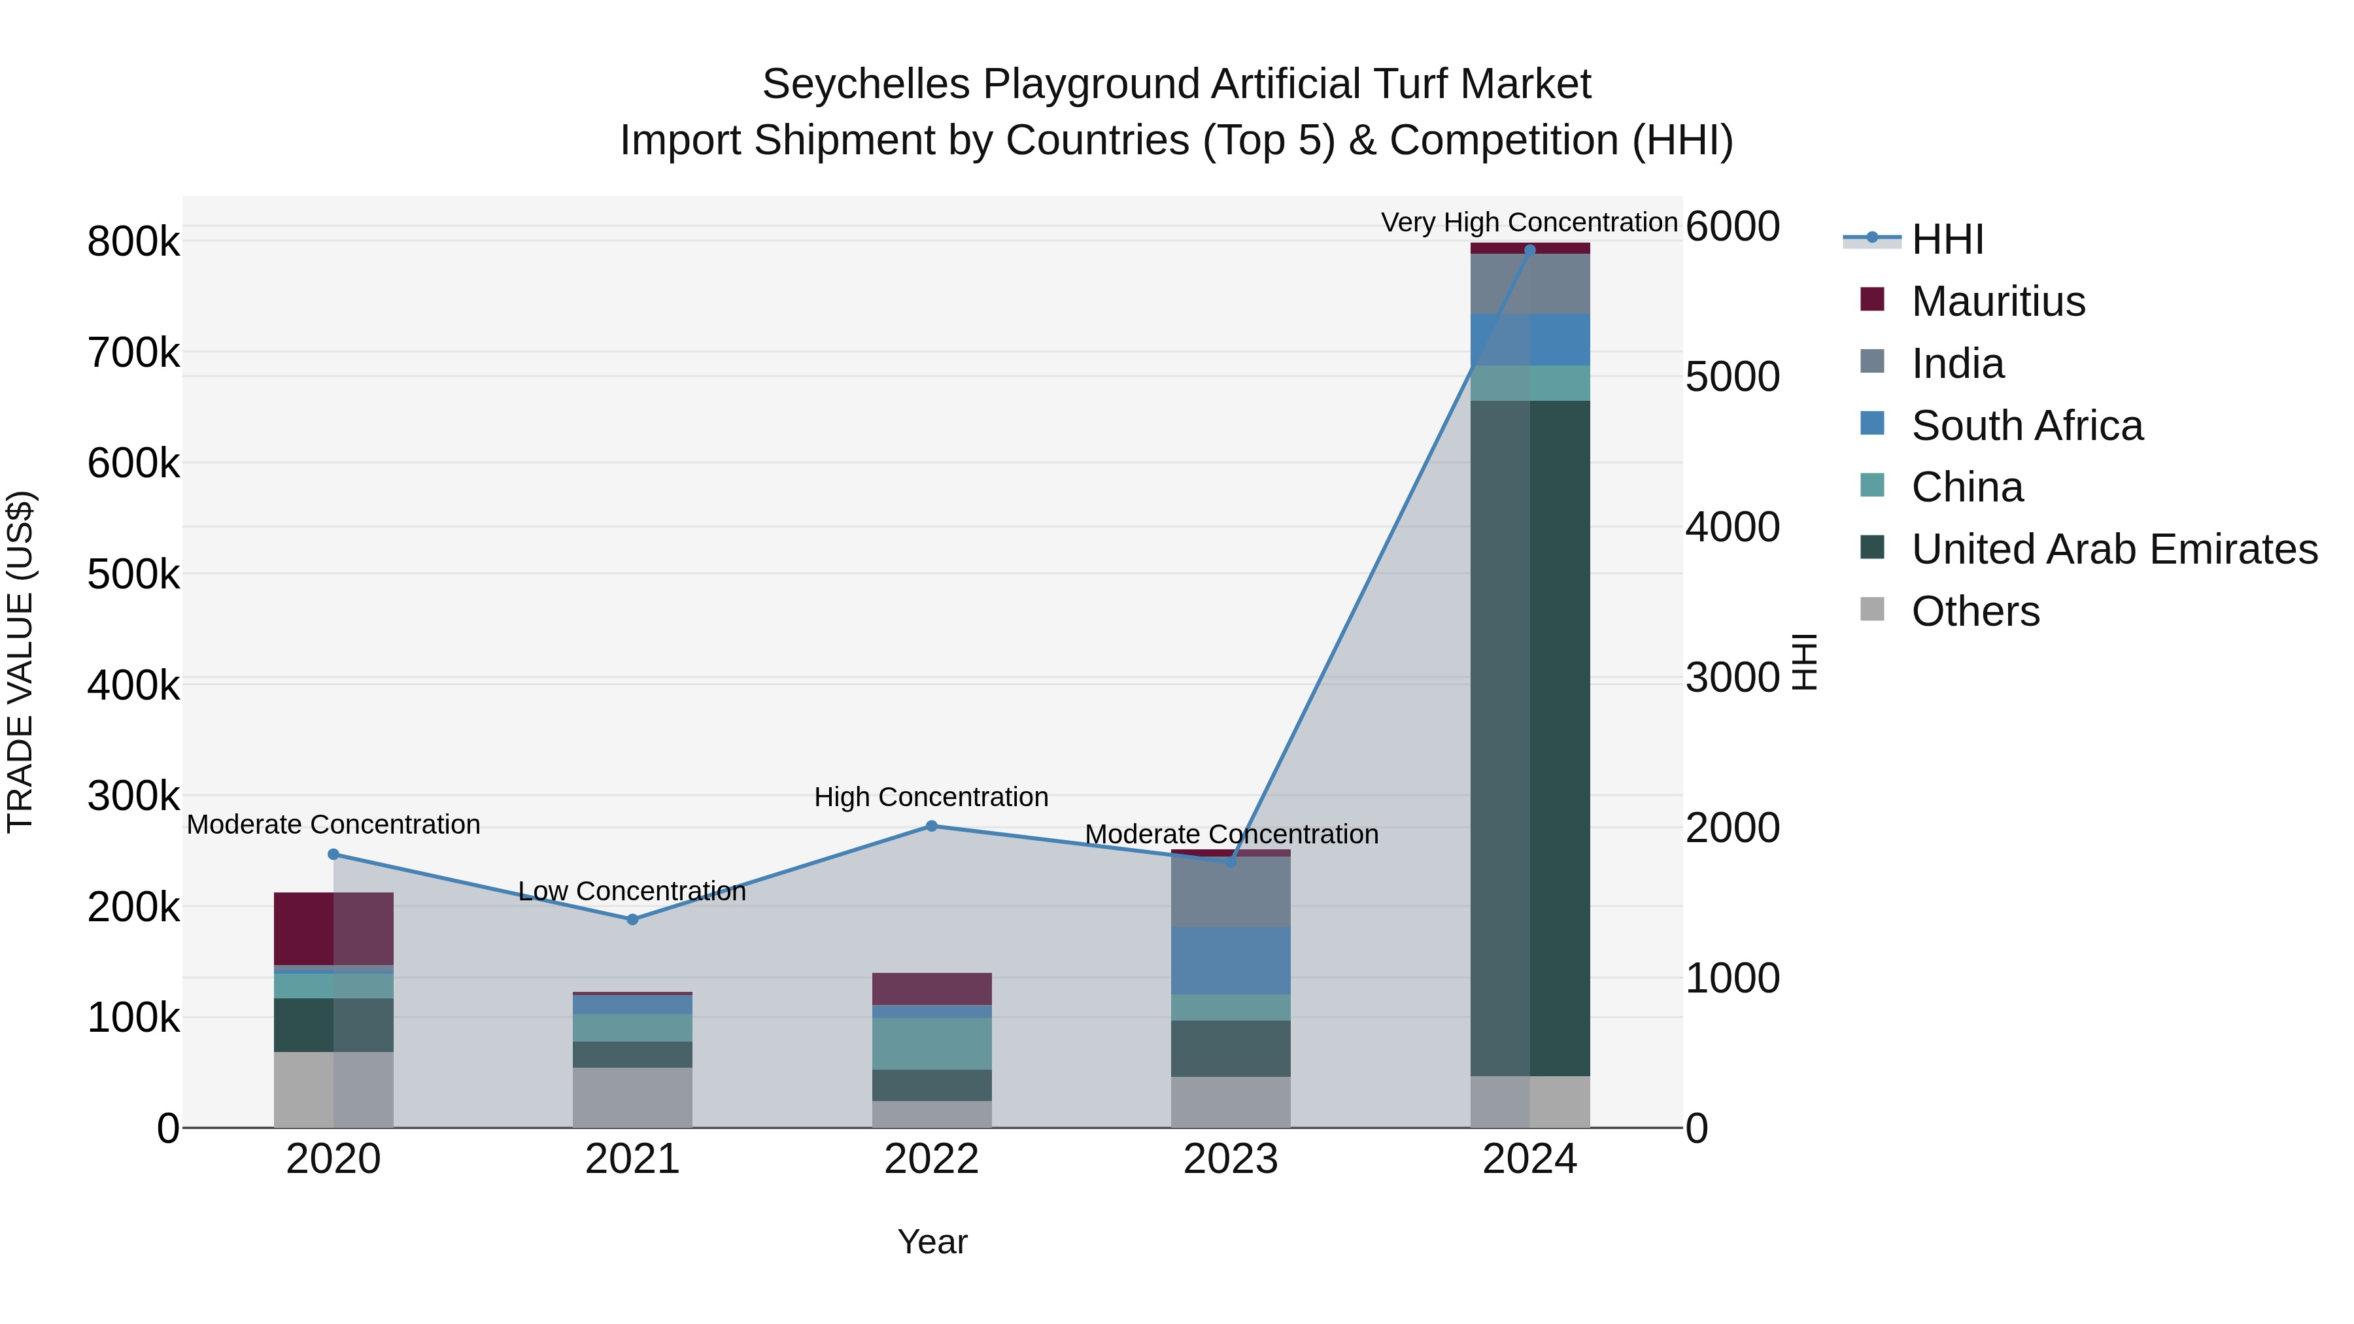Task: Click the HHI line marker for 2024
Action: [1529, 250]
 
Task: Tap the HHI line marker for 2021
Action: [632, 919]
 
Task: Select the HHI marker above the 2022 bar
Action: [931, 826]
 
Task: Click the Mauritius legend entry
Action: [1998, 301]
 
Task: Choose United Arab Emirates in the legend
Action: [2113, 549]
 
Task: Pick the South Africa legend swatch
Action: [1871, 424]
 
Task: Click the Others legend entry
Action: [1975, 611]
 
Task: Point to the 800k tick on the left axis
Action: [133, 242]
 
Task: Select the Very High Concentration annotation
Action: [1529, 222]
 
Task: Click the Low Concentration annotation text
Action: [632, 891]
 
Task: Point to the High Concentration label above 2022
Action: [931, 797]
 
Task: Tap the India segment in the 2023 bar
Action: [1230, 892]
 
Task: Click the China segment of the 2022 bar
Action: [931, 1044]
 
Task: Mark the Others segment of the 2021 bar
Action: [632, 1097]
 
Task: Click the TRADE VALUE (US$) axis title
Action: [21, 662]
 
